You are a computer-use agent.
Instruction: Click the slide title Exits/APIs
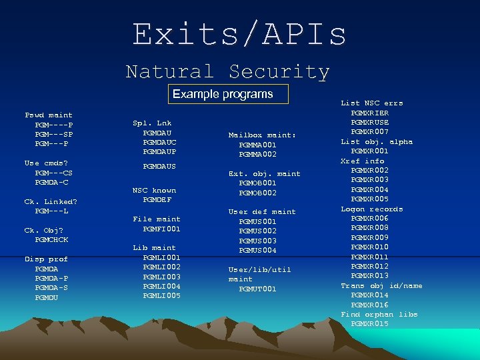[x=239, y=34]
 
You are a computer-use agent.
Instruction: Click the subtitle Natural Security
[x=227, y=71]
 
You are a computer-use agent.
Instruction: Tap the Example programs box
[x=223, y=94]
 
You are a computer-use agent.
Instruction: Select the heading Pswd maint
[x=49, y=115]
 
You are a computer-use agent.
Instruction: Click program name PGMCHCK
[x=51, y=240]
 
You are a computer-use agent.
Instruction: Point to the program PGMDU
[x=47, y=298]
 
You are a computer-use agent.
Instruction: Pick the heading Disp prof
[x=46, y=259]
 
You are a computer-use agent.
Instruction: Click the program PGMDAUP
[x=159, y=152]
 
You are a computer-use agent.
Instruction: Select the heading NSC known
[x=155, y=191]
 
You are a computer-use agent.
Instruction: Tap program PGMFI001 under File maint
[x=161, y=229]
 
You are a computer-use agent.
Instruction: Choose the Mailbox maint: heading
[x=262, y=135]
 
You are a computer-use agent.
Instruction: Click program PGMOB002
[x=257, y=193]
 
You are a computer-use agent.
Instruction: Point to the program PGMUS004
[x=257, y=251]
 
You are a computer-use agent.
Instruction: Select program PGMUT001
[x=257, y=289]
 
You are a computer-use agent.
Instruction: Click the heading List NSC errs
[x=372, y=103]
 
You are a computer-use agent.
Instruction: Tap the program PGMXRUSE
[x=369, y=123]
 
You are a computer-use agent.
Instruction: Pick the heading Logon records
[x=372, y=209]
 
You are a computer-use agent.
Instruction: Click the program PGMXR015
[x=369, y=324]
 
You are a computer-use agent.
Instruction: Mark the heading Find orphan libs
[x=379, y=315]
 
